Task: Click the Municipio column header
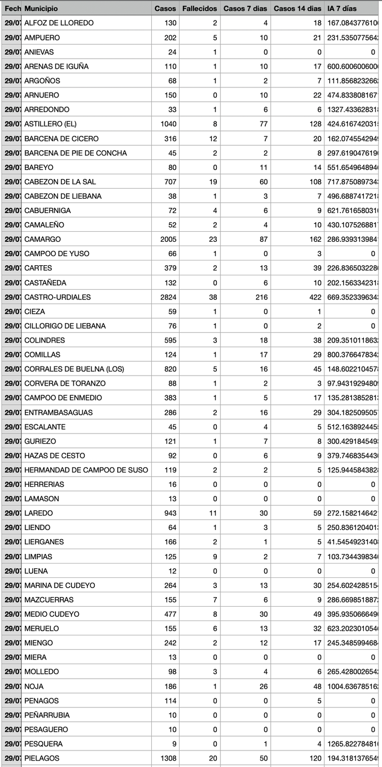41,9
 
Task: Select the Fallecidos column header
199,9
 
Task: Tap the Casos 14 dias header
297,9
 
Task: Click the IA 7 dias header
343,9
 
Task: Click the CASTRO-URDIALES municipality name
58,297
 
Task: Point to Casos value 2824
168,297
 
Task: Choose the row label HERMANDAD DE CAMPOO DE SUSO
86,470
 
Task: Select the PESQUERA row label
43,744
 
